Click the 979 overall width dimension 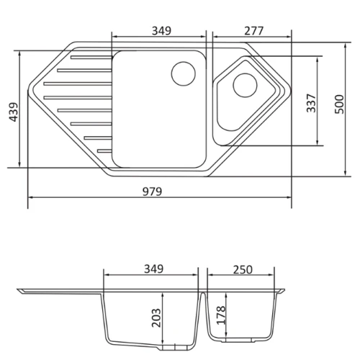[x=153, y=192]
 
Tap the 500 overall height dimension [x=339, y=104]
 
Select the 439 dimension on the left [x=13, y=112]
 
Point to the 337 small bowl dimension [x=311, y=103]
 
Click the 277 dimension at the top [x=254, y=31]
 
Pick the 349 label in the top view [x=162, y=31]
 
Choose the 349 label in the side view [x=153, y=269]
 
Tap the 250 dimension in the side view [x=243, y=270]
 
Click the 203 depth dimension [x=156, y=318]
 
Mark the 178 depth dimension [x=221, y=315]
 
